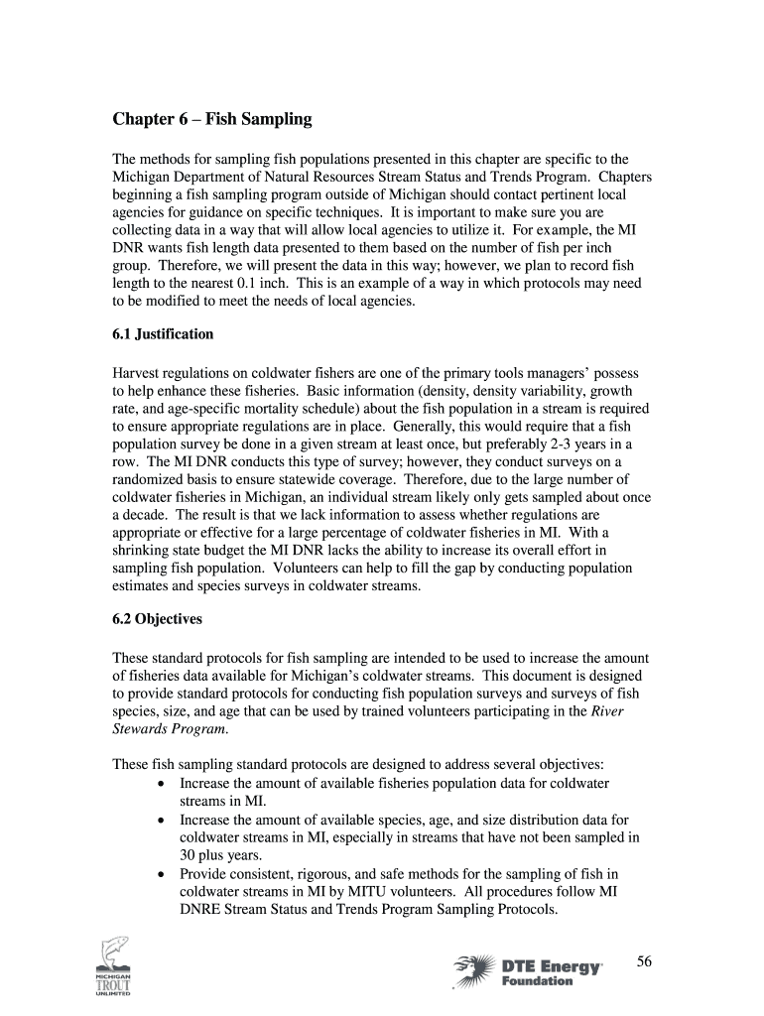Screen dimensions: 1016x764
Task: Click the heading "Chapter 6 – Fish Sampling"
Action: tap(212, 120)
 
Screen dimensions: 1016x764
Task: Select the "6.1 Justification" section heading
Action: tap(163, 334)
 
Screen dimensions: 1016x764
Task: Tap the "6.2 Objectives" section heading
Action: tap(158, 618)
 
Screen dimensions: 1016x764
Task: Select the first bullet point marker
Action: tap(162, 784)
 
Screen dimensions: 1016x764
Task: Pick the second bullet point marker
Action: tap(162, 821)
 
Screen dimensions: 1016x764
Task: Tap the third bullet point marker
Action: tap(162, 874)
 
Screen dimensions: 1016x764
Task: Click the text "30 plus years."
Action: tap(221, 855)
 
